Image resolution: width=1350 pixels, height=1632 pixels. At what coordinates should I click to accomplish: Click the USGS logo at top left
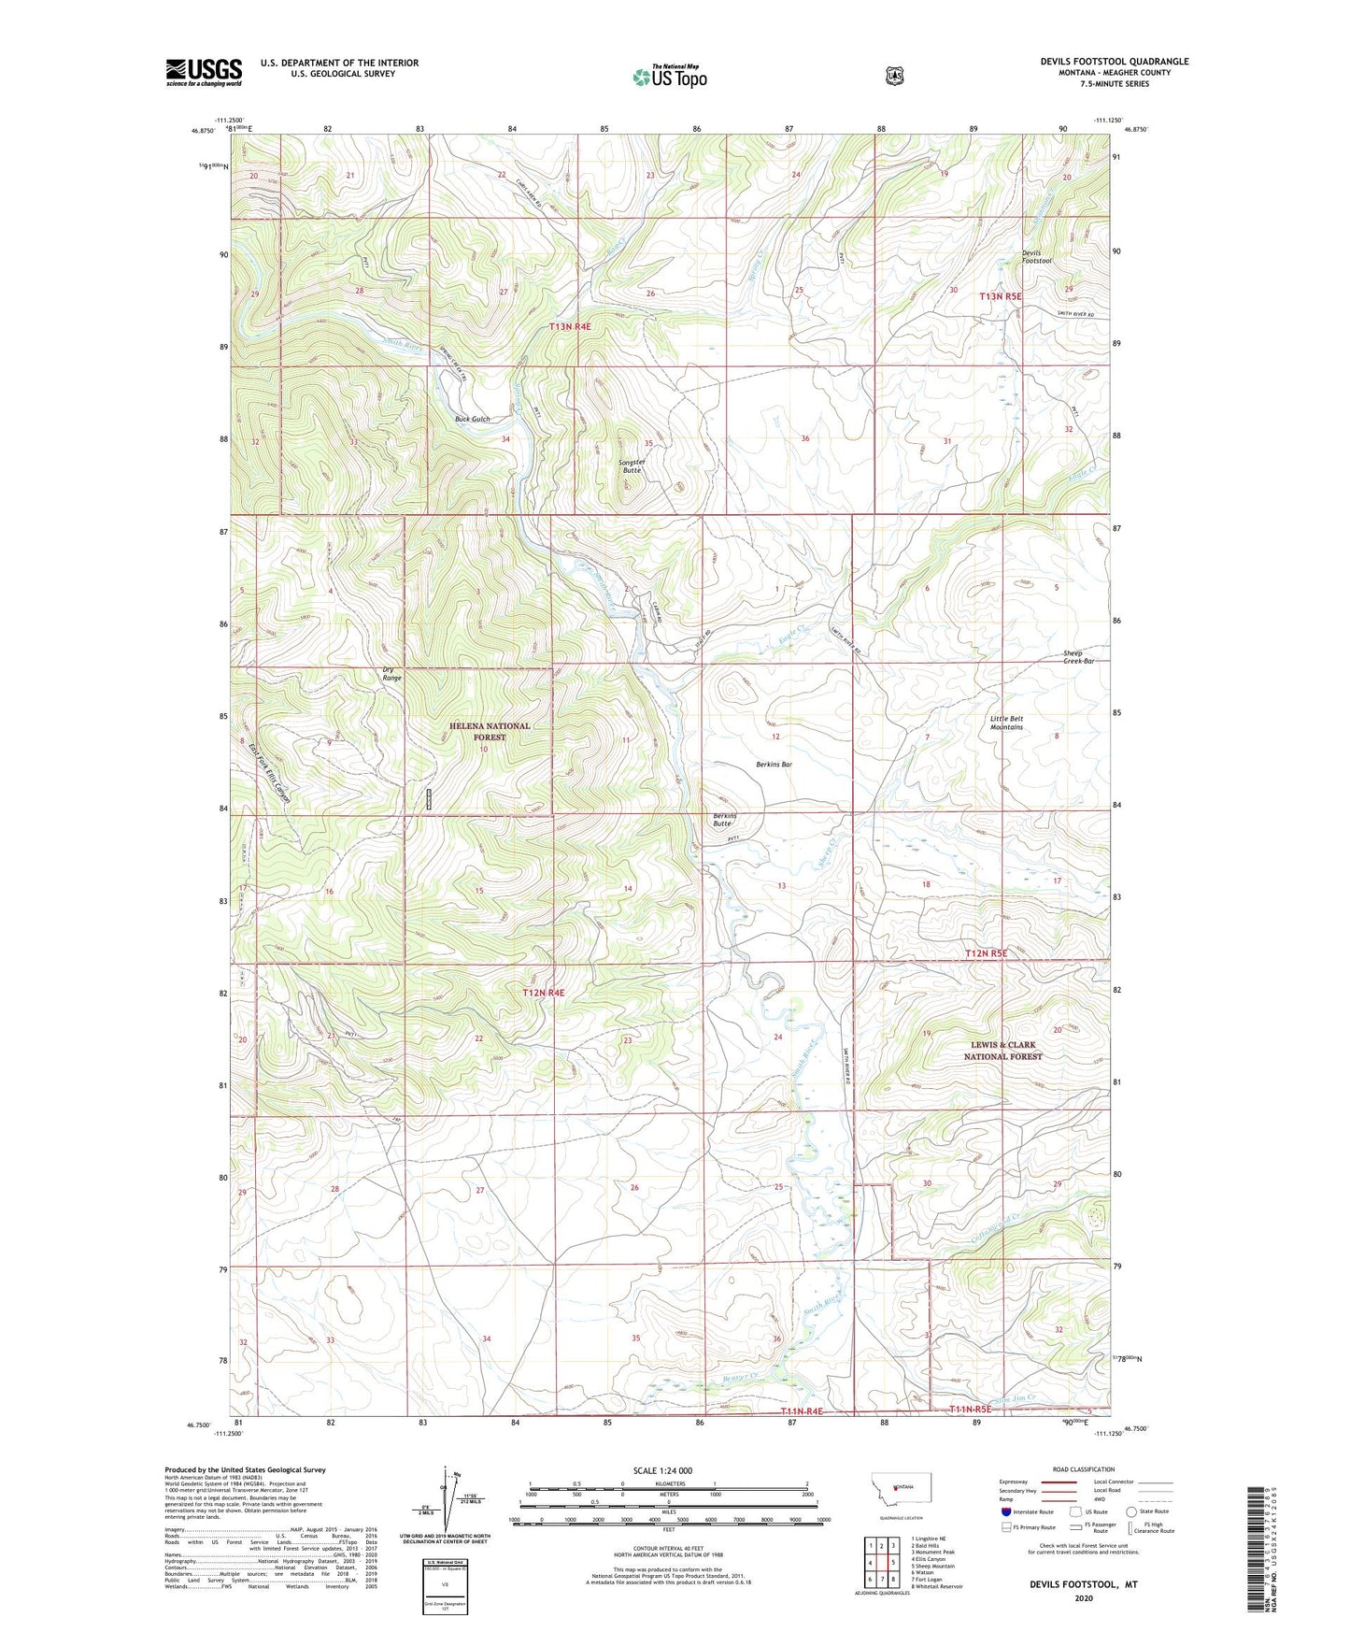tap(204, 72)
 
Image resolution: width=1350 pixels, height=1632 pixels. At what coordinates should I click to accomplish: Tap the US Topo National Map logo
tap(669, 76)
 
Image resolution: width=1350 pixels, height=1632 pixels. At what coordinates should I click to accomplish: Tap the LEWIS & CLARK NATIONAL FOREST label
tap(1002, 1051)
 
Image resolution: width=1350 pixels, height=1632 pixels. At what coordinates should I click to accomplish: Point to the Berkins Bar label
tap(774, 765)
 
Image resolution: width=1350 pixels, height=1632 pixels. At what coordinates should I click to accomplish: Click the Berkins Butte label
tap(722, 819)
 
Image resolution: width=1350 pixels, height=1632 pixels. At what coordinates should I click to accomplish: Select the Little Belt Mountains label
tap(1006, 723)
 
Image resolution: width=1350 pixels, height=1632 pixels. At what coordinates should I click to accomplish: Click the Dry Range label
tap(391, 673)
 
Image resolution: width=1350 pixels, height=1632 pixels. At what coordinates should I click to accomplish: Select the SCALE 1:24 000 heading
tap(662, 1470)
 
